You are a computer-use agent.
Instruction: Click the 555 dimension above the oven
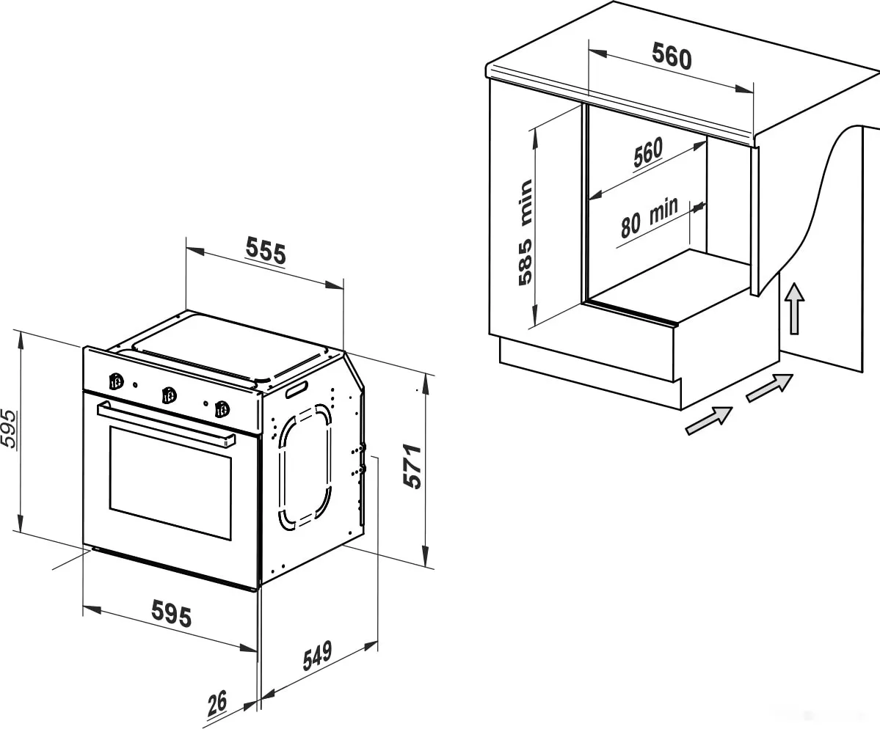(266, 252)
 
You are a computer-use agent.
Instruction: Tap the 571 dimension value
(413, 466)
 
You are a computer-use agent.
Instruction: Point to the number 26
(217, 703)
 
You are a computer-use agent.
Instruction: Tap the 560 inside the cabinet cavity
(648, 151)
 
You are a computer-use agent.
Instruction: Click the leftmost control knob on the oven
(115, 382)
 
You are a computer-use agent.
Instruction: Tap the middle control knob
(167, 395)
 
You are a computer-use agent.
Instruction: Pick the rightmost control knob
(222, 409)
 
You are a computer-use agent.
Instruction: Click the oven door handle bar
(166, 425)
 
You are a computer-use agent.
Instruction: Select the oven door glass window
(170, 483)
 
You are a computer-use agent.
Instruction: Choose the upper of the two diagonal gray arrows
(769, 387)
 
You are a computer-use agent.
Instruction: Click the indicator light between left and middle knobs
(135, 385)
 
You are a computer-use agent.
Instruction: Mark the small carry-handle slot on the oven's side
(297, 389)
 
